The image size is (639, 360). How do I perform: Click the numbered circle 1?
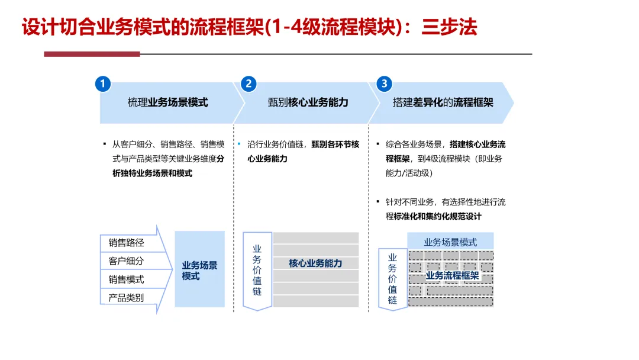[x=103, y=84]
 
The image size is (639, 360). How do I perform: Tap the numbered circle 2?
[x=248, y=84]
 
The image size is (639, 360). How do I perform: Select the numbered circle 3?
[x=384, y=84]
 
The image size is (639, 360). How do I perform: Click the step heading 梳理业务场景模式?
[x=167, y=102]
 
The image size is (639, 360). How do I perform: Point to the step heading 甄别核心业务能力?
[x=308, y=102]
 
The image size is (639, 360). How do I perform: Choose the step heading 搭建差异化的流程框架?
[x=443, y=102]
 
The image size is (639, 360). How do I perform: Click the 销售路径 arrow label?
[x=126, y=243]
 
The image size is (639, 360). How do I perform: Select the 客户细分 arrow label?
[x=126, y=261]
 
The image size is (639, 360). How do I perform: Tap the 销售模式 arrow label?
[x=126, y=279]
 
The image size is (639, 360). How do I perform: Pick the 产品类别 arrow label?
[x=126, y=298]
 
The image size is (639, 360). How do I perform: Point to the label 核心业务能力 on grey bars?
[x=315, y=263]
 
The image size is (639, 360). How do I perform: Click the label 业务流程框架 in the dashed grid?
[x=452, y=275]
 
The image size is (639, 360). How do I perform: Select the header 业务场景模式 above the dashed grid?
[x=450, y=242]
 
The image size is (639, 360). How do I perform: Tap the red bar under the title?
[x=92, y=54]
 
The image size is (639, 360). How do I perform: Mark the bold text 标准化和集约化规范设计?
[x=437, y=217]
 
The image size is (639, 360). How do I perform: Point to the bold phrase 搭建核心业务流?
[x=477, y=144]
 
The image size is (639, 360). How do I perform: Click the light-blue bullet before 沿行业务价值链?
[x=239, y=144]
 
